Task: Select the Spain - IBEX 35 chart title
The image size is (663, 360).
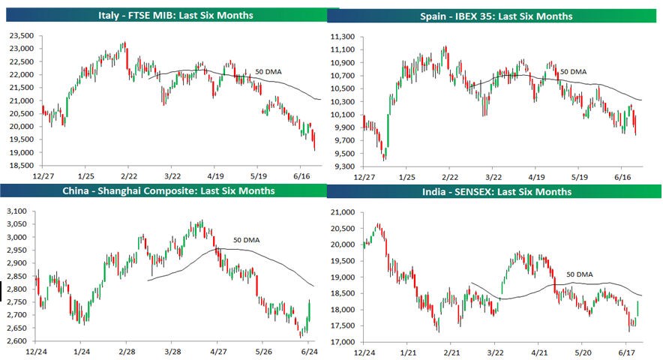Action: [x=496, y=16]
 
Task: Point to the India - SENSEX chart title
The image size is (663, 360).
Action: [x=496, y=191]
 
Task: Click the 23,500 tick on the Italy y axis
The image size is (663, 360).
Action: [x=21, y=36]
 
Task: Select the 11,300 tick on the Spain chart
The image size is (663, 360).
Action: [x=343, y=36]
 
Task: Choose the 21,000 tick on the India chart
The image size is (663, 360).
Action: [x=343, y=212]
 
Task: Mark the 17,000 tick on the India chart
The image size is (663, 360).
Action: [x=343, y=342]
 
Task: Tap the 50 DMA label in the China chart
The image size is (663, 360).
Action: [x=246, y=240]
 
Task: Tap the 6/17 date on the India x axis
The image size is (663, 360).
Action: [x=628, y=352]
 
